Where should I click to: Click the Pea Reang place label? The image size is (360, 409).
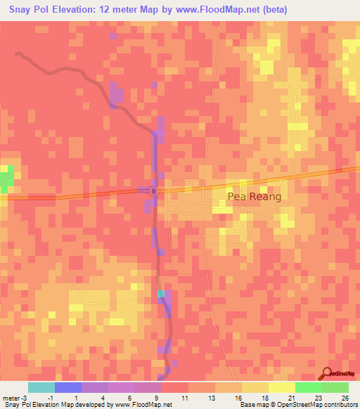point(253,197)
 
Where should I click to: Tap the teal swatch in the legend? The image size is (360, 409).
point(41,387)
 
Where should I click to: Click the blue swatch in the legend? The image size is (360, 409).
point(68,387)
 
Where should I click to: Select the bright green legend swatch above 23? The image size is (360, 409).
point(309,387)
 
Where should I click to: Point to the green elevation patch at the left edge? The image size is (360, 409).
point(6,179)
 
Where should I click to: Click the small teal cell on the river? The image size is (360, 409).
point(161,294)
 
